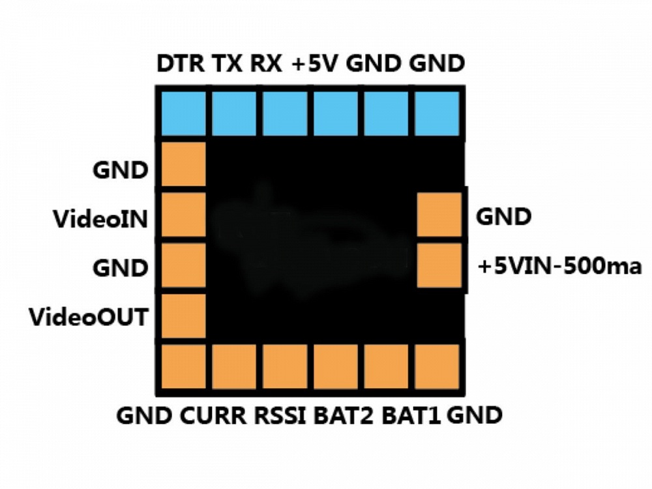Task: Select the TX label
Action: [227, 65]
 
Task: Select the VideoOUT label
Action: [88, 318]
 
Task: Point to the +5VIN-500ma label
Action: [559, 267]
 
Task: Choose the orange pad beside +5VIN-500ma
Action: [439, 265]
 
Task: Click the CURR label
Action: [214, 415]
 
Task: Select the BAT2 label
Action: [344, 415]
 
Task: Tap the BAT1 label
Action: [411, 415]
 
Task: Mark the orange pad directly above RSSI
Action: [285, 367]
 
